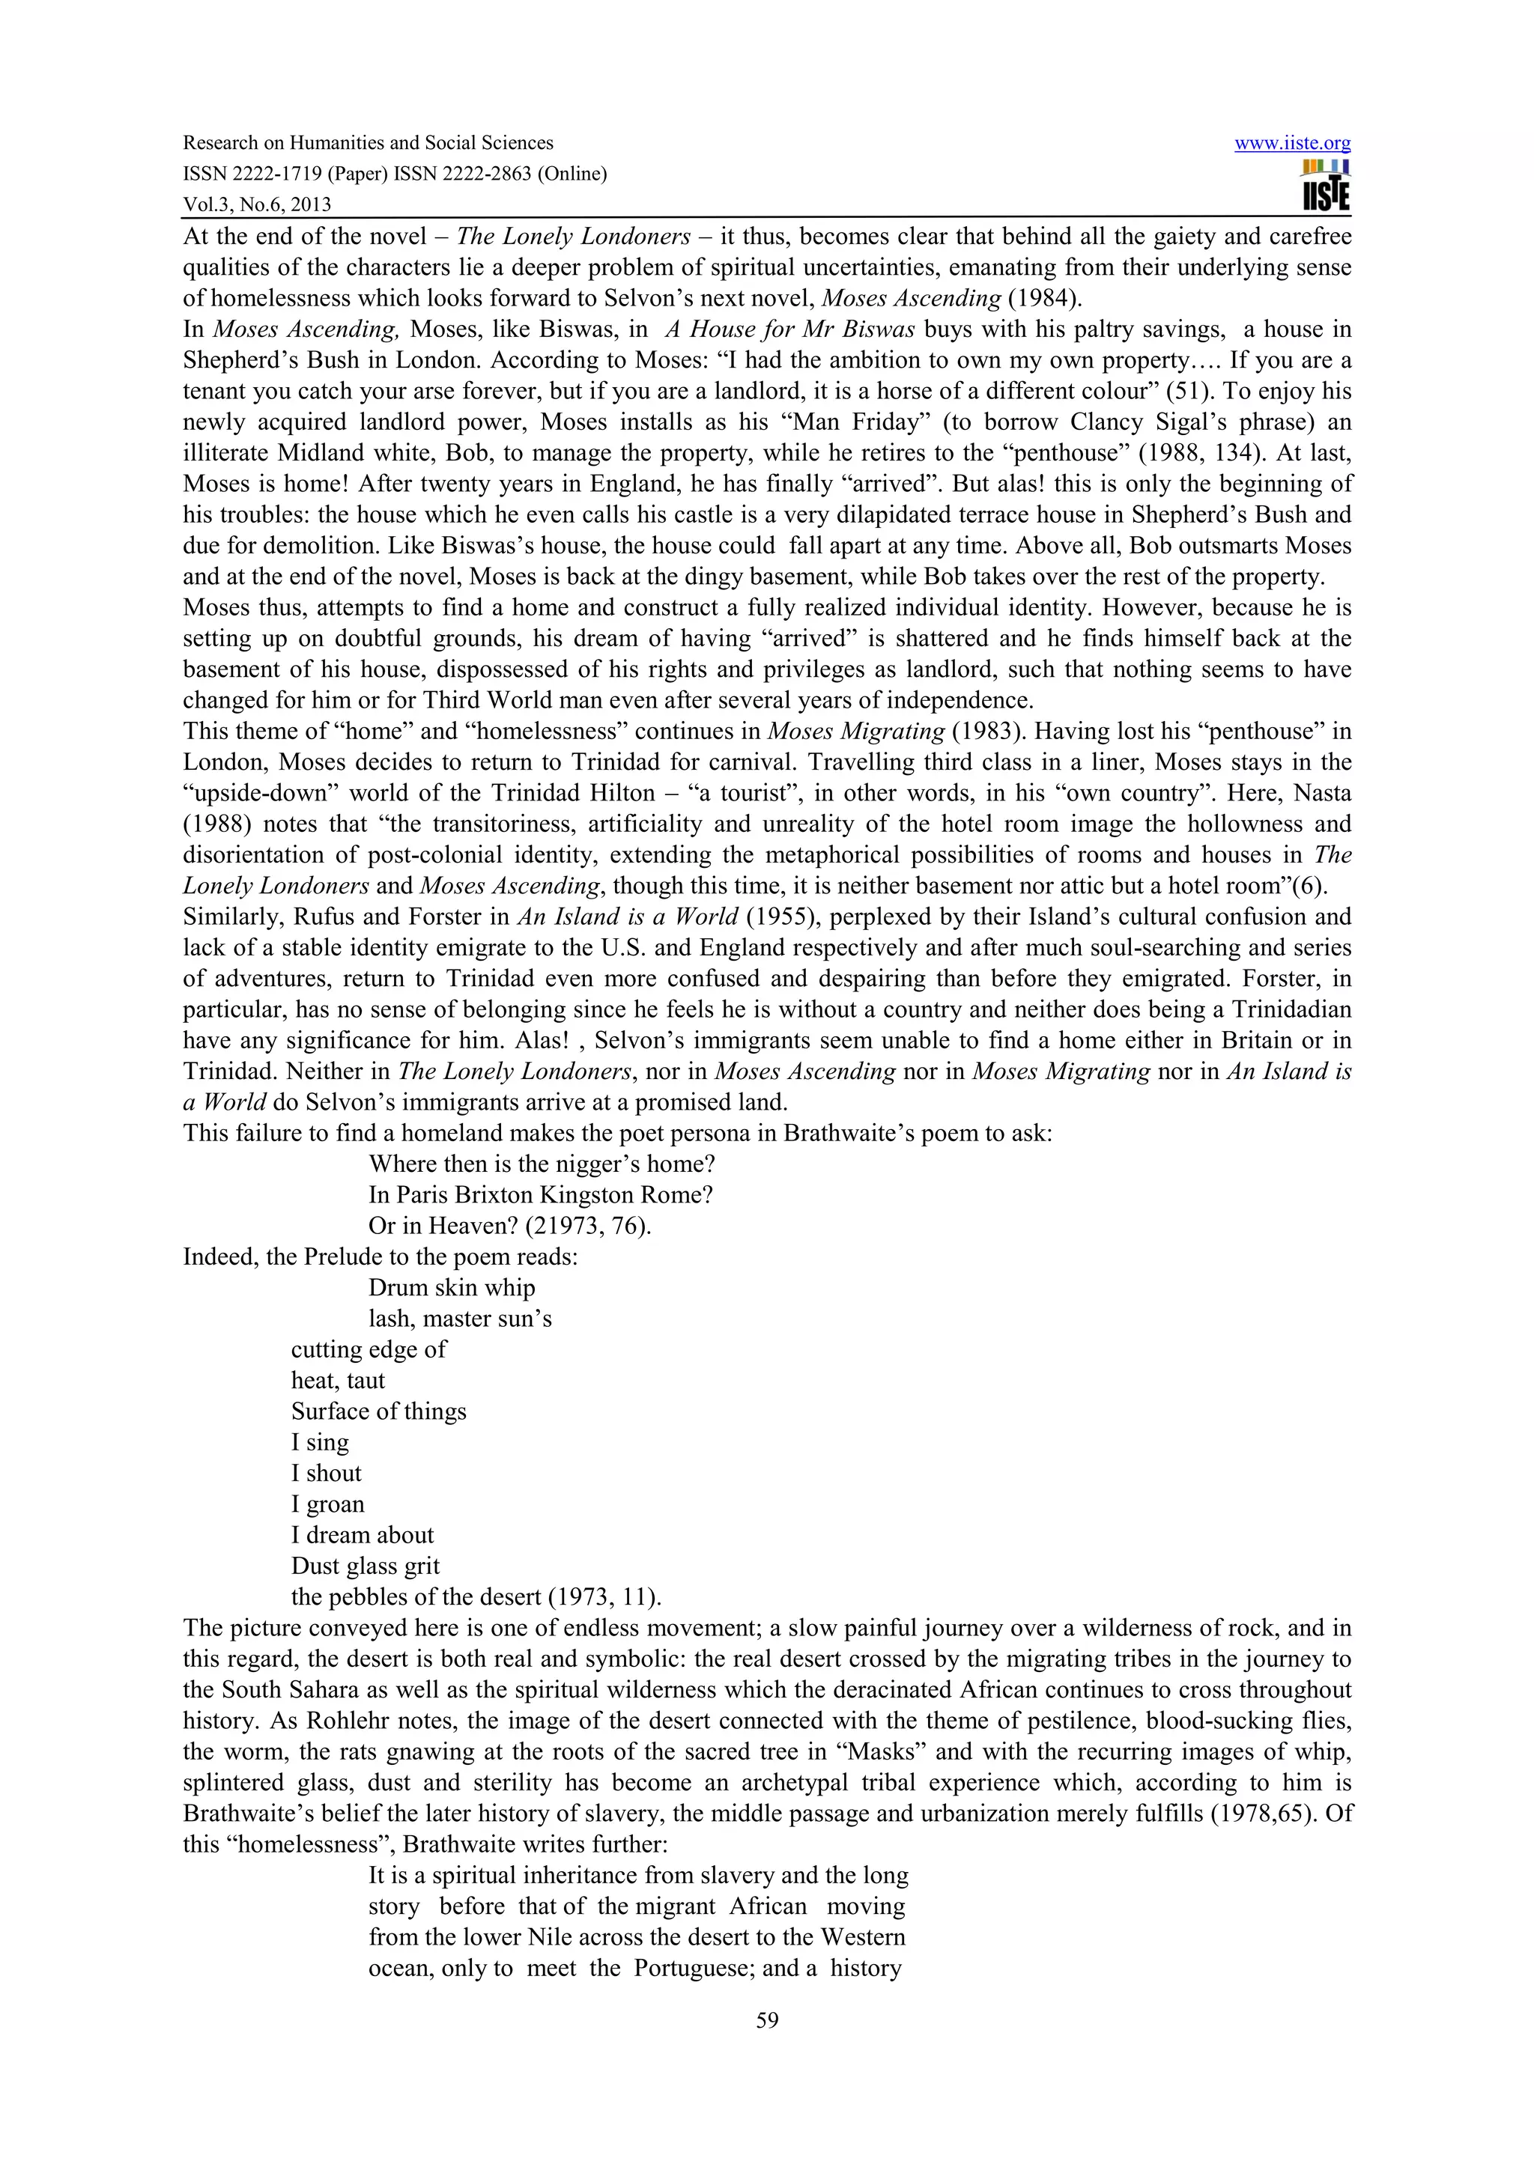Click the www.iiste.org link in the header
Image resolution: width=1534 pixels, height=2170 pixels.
tap(1292, 144)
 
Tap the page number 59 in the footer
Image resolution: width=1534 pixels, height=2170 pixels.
tap(766, 2021)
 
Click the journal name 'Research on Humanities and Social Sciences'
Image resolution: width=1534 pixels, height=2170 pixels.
tap(368, 143)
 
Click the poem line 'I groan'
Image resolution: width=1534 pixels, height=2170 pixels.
tap(327, 1504)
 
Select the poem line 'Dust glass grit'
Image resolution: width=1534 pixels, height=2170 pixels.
tap(365, 1566)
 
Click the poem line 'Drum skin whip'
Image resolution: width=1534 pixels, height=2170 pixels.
tap(452, 1287)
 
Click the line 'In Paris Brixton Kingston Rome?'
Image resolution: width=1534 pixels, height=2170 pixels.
tap(541, 1194)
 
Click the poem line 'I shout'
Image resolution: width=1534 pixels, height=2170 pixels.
tap(326, 1474)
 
